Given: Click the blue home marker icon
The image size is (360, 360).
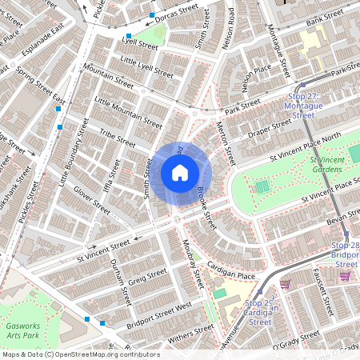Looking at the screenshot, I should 180,172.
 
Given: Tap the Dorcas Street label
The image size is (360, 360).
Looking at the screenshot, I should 177,12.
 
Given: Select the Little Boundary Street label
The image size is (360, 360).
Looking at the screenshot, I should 72,155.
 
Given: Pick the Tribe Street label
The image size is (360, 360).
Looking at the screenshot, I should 118,137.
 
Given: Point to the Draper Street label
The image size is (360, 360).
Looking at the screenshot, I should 270,128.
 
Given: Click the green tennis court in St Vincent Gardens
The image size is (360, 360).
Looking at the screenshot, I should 262,186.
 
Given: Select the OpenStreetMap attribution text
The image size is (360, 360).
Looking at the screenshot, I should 70,354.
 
